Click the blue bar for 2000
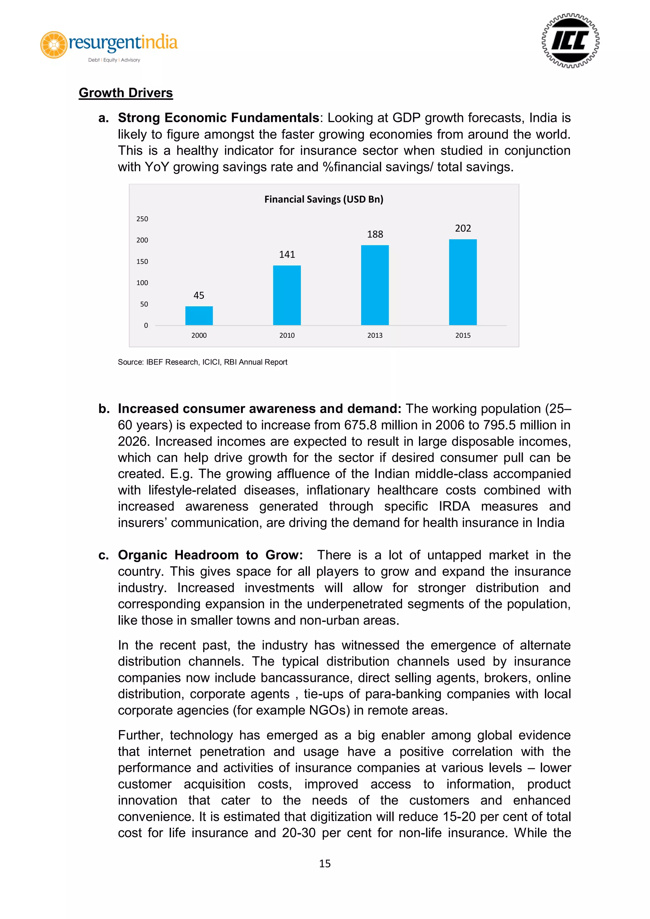pyautogui.click(x=199, y=316)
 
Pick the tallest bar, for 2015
pyautogui.click(x=463, y=282)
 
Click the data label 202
pyautogui.click(x=463, y=228)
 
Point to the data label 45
pyautogui.click(x=199, y=296)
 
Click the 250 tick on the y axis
pyautogui.click(x=142, y=219)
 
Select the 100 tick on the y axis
pyautogui.click(x=142, y=283)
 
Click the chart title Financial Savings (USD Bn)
pyautogui.click(x=324, y=199)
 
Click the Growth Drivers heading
pyautogui.click(x=126, y=93)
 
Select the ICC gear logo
pyautogui.click(x=570, y=41)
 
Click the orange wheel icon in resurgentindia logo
pyautogui.click(x=54, y=44)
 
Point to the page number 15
pyautogui.click(x=325, y=864)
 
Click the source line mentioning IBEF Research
pyautogui.click(x=202, y=362)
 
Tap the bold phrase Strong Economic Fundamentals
pyautogui.click(x=218, y=118)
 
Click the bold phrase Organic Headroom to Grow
pyautogui.click(x=210, y=555)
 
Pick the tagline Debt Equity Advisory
pyautogui.click(x=114, y=60)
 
